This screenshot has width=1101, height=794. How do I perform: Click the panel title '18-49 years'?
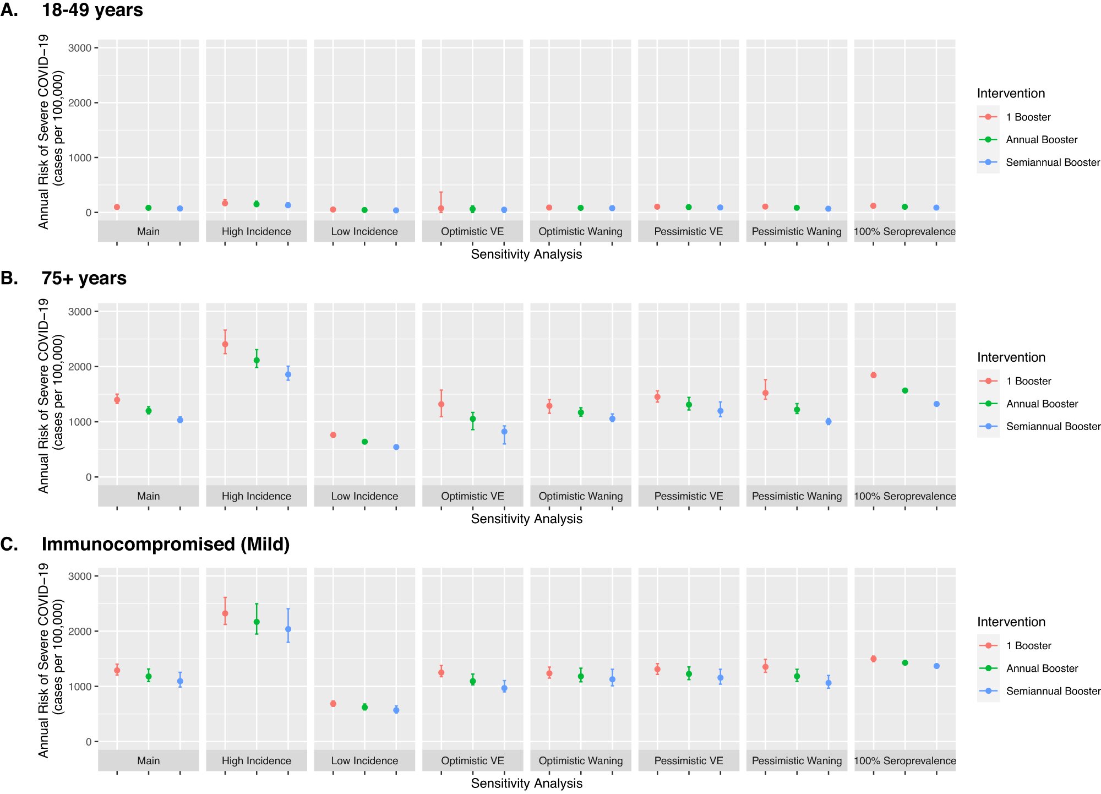92,10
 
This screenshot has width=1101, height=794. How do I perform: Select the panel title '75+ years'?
84,278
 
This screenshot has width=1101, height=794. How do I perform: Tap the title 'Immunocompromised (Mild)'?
165,544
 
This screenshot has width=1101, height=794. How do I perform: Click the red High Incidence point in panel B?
225,344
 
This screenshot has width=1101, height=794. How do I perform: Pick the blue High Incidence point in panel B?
288,374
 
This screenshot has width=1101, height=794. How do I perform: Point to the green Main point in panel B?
149,411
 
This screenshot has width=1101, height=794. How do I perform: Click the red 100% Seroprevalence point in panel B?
874,375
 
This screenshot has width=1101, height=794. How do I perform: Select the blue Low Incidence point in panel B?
396,447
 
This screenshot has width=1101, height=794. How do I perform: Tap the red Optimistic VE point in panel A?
441,209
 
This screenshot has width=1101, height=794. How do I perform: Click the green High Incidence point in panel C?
257,622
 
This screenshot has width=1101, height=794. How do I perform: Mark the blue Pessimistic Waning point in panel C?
829,683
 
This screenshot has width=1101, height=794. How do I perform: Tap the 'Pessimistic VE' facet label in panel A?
688,231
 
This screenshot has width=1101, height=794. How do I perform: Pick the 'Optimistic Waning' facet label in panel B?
581,496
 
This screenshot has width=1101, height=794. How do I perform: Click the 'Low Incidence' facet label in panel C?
364,760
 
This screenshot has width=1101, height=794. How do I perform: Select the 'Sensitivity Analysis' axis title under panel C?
526,783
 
